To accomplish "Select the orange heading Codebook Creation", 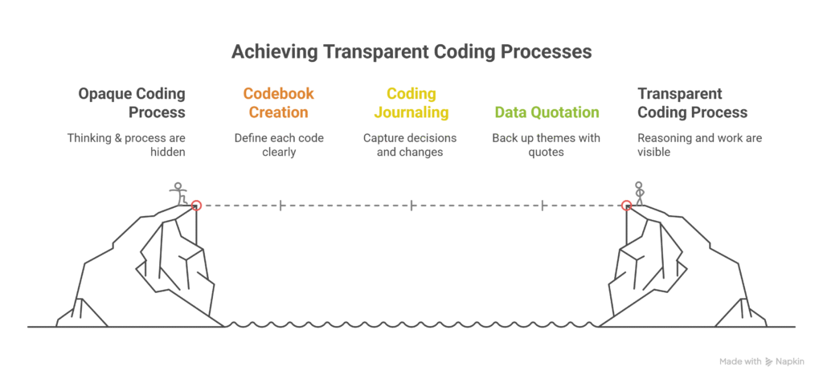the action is (278, 103).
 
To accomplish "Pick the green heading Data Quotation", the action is (547, 112).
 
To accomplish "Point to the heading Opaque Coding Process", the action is (132, 103).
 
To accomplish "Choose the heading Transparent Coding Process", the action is (692, 103).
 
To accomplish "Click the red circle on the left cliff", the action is (196, 205).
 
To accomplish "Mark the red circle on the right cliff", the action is (626, 205).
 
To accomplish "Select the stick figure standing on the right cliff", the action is (639, 194).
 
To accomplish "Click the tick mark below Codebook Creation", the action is (280, 205).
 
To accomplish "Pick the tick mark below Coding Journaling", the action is (411, 205).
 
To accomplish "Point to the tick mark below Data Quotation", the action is (542, 205).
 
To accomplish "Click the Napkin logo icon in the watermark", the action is (769, 361).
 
